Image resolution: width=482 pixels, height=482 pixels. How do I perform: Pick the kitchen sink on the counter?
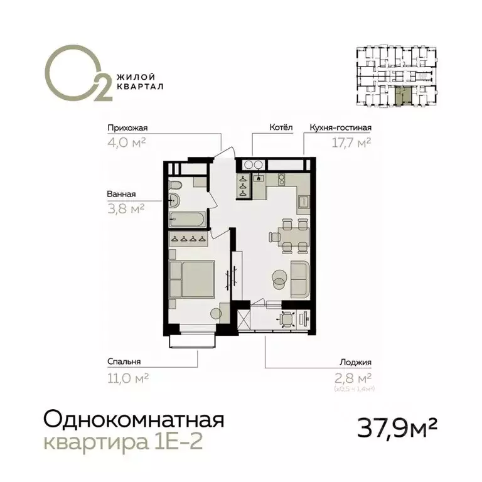(x=303, y=202)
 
